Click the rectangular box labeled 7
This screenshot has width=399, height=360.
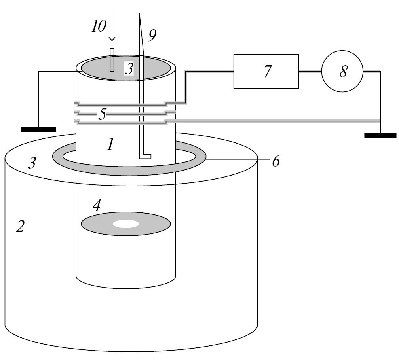[266, 71]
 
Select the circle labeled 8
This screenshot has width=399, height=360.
[342, 71]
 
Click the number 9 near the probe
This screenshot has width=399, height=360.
[152, 36]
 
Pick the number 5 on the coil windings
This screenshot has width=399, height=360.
[103, 115]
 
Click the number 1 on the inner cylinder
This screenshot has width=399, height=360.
[111, 145]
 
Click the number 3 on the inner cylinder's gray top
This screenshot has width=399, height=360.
[129, 69]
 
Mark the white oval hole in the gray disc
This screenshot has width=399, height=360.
[126, 224]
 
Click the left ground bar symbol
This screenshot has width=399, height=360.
[38, 129]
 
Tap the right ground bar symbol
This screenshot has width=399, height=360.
[380, 135]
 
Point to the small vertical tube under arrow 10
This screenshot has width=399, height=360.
[112, 60]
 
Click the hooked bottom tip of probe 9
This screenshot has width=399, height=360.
[145, 156]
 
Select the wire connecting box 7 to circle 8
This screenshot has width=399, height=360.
[310, 71]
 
